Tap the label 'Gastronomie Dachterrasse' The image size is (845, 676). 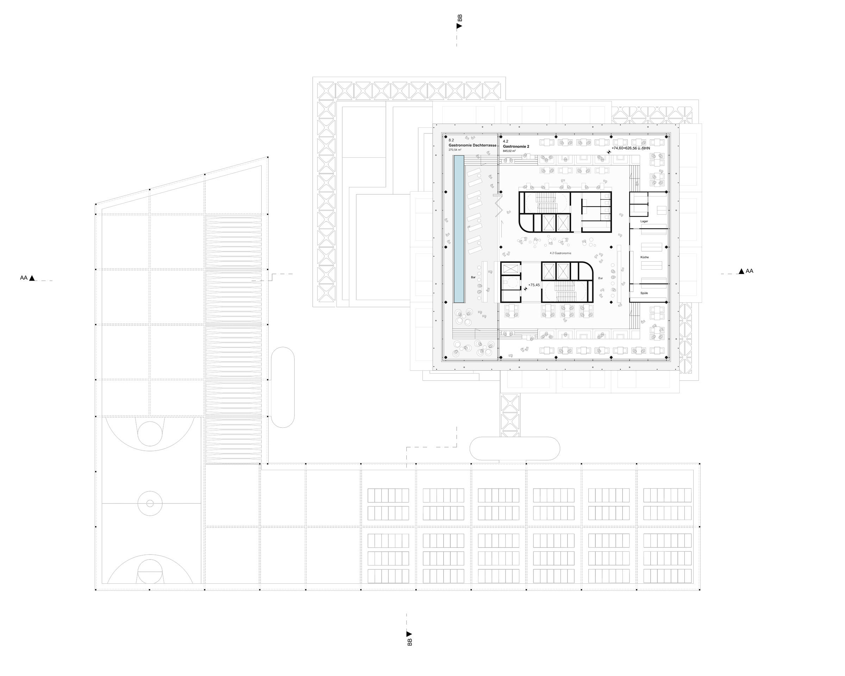click(x=472, y=145)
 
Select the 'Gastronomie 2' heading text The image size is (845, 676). click(x=516, y=146)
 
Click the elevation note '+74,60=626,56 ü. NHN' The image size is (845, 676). click(x=631, y=148)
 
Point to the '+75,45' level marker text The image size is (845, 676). click(x=534, y=285)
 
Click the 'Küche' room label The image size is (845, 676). click(x=644, y=257)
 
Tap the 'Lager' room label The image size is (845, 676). click(x=644, y=221)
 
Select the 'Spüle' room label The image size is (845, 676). click(x=644, y=293)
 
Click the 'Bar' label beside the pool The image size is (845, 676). click(x=474, y=277)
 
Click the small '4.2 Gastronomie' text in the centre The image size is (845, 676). click(x=561, y=253)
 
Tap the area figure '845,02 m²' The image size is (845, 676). click(x=509, y=151)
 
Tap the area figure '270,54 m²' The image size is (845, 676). click(x=455, y=150)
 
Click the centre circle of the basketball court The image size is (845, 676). click(x=150, y=503)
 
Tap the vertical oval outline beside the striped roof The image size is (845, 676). click(x=283, y=387)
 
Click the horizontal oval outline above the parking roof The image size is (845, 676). click(x=515, y=448)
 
